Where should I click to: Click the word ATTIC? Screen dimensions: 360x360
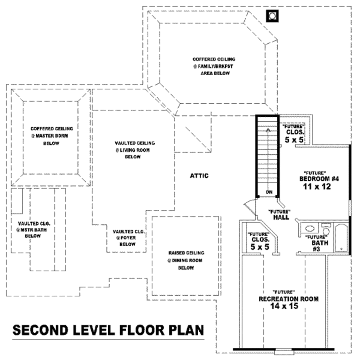[199, 176]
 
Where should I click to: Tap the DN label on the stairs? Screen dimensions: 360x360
[269, 192]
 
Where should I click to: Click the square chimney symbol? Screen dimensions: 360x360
[272, 16]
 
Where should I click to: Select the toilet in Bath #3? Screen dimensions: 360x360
[326, 229]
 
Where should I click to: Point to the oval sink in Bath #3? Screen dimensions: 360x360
[310, 229]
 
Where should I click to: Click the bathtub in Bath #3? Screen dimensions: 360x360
[341, 238]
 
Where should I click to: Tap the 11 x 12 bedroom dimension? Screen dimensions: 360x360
[317, 187]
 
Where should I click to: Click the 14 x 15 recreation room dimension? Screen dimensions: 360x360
[284, 306]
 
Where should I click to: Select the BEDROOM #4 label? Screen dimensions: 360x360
[319, 179]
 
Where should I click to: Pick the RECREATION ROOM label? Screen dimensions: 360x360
[289, 299]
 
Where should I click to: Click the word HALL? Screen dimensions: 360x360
[281, 217]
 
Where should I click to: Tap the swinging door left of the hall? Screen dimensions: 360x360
[250, 206]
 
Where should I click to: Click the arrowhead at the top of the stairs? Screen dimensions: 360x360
[268, 130]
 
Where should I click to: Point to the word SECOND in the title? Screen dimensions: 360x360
[40, 330]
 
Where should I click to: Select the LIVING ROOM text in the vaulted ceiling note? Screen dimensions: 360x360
[135, 150]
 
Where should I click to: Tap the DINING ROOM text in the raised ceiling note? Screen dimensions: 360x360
[187, 261]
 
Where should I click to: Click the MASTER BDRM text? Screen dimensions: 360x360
[52, 136]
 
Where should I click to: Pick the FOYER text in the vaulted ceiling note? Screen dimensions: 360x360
[128, 238]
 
